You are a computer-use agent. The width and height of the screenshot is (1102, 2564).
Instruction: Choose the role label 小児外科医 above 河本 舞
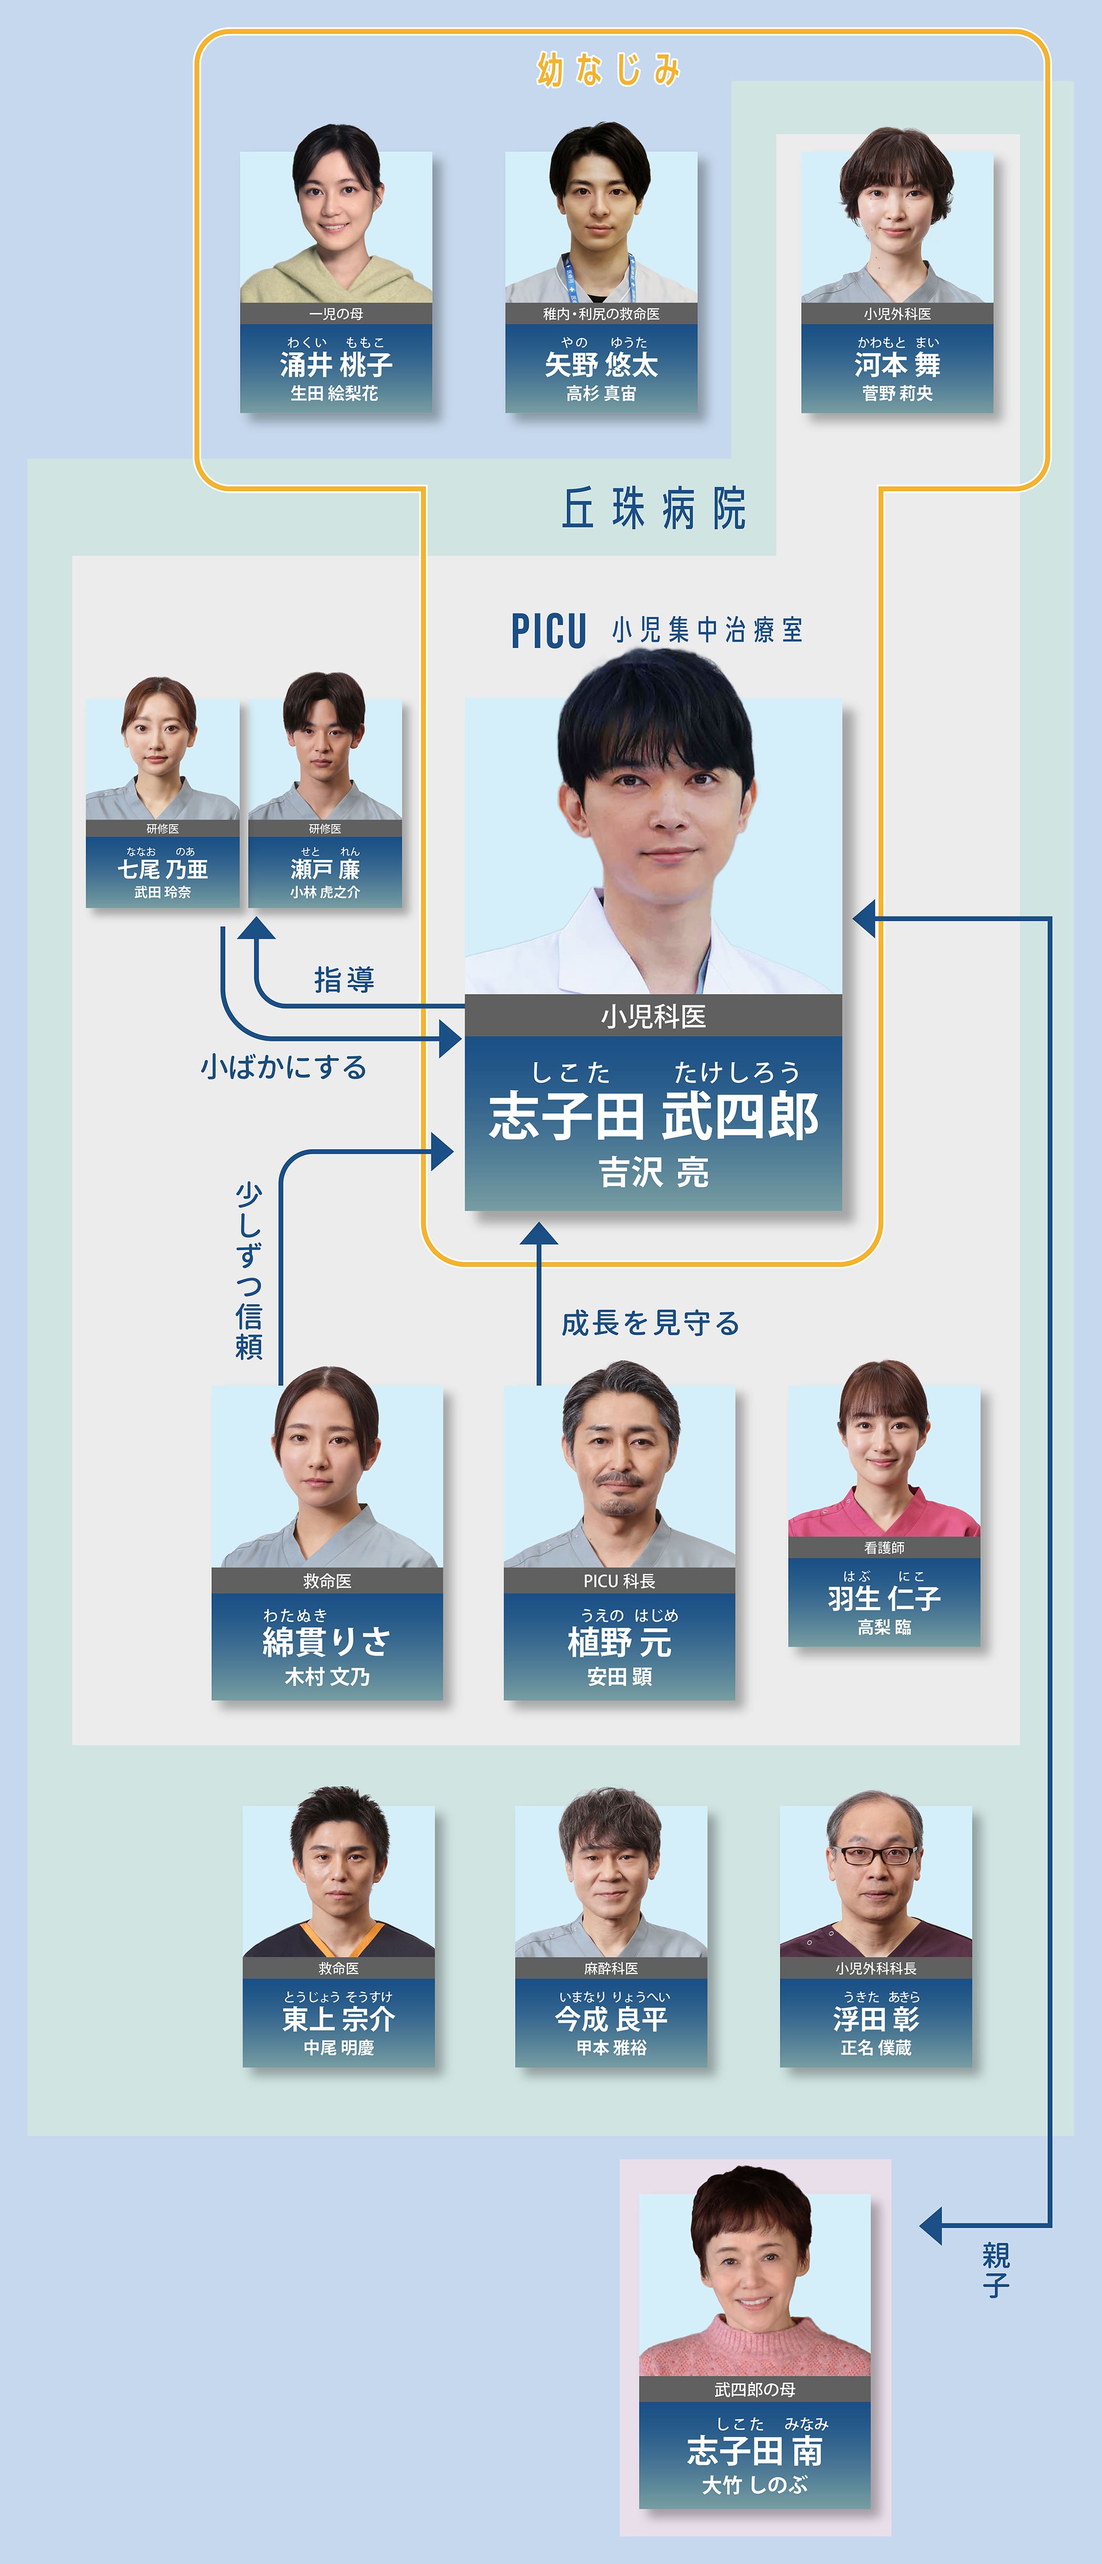pos(897,314)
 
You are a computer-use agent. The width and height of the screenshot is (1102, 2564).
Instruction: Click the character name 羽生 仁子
pos(884,1598)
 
